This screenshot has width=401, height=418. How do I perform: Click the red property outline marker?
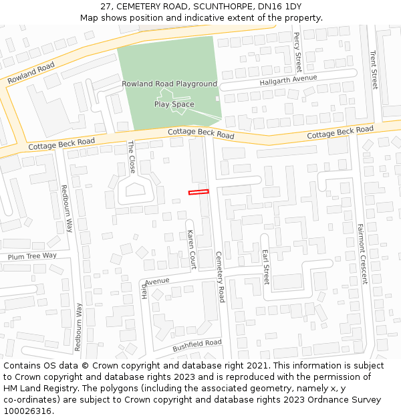(x=198, y=192)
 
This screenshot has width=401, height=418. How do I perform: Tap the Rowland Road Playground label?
(x=169, y=84)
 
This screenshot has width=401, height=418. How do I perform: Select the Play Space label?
(x=174, y=104)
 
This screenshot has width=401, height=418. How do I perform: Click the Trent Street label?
(x=374, y=70)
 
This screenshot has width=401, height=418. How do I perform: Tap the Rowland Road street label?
(x=31, y=73)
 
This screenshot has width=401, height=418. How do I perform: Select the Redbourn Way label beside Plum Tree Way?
(x=66, y=208)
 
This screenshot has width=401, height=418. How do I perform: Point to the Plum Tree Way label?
(x=32, y=256)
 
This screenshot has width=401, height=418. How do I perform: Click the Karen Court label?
(x=191, y=249)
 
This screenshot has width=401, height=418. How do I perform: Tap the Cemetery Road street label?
(x=221, y=276)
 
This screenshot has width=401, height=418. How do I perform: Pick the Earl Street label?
(x=265, y=266)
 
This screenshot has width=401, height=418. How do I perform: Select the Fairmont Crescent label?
(x=362, y=253)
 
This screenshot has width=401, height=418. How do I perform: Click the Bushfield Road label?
(x=196, y=345)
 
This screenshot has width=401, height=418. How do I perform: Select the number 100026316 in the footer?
(x=27, y=411)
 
